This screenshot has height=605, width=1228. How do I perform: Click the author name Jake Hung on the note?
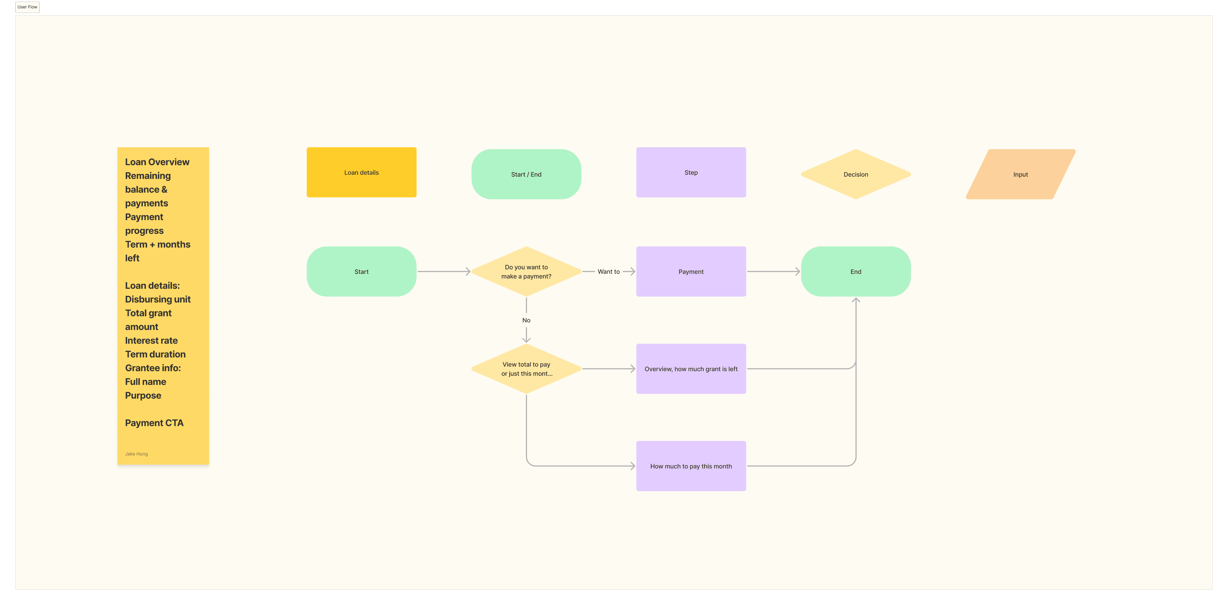[x=136, y=454]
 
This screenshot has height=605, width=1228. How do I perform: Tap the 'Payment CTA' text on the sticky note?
[x=154, y=423]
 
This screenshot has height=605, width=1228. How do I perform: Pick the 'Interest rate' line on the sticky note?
[x=151, y=340]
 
